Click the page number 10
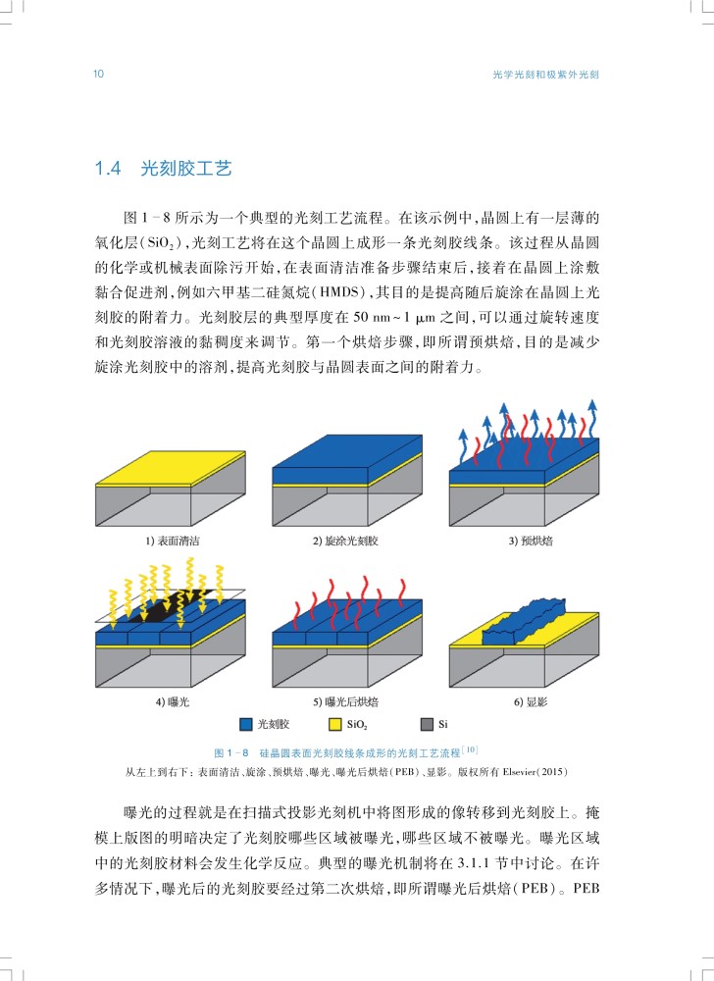coord(98,74)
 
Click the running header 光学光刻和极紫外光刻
coord(546,75)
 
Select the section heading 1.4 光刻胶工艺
coord(163,169)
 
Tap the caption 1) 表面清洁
coord(173,541)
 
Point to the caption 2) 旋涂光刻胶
coord(346,541)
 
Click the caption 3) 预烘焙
coord(531,541)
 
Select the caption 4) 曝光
coord(173,702)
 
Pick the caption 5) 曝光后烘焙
coord(346,702)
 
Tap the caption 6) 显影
coord(531,702)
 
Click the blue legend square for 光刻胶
coord(246,725)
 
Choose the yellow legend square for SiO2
coord(335,725)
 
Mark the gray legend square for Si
coord(427,725)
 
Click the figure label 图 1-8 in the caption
coord(231,752)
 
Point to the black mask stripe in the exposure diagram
coord(169,603)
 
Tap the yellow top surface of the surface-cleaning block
coord(170,468)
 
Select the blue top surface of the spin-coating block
coord(347,451)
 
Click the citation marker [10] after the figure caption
coord(470,749)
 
